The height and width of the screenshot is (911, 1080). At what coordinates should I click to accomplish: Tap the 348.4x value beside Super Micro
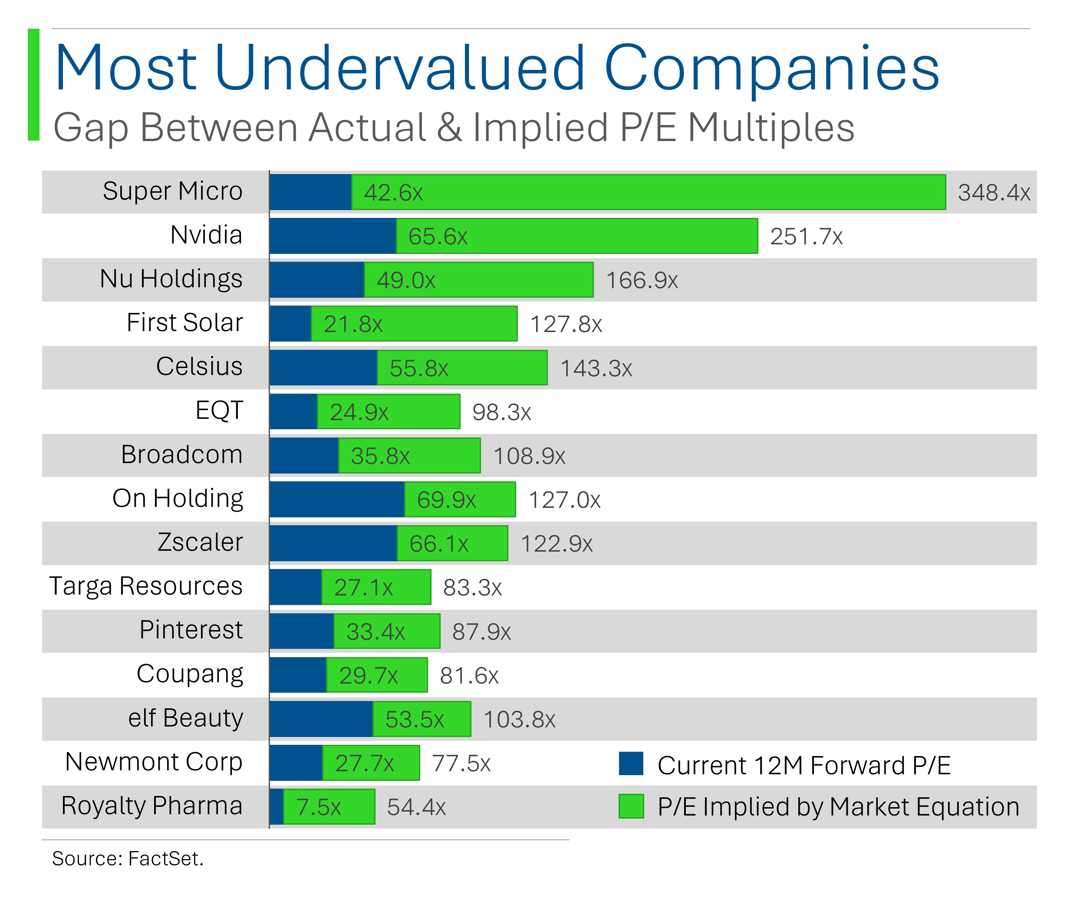pos(993,193)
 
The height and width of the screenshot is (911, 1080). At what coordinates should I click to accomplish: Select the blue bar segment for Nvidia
pos(333,236)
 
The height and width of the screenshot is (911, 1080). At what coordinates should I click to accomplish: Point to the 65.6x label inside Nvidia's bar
pos(438,237)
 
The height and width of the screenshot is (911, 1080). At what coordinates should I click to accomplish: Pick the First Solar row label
pos(184,323)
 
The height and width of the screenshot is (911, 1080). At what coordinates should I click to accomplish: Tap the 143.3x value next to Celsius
pos(596,368)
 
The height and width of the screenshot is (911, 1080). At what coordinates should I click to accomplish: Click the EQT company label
pos(219,411)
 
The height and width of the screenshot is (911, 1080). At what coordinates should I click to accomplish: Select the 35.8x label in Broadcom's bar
pos(380,456)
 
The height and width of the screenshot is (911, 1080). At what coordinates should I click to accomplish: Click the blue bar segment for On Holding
pos(337,500)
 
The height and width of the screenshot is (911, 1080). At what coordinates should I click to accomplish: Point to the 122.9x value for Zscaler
pos(556,544)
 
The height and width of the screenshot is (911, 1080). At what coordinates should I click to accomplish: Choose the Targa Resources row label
pos(146,586)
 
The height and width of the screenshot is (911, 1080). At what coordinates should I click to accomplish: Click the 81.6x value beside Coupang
pos(468,675)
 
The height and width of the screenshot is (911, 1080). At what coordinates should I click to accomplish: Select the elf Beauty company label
pos(185,718)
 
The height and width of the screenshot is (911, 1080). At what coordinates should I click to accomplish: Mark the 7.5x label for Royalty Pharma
pos(318,807)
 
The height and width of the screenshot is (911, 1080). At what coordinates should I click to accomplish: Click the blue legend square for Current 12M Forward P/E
pos(631,764)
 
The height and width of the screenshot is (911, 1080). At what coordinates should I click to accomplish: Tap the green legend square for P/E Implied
pos(631,806)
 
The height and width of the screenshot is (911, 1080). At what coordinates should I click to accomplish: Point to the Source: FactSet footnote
pos(128,859)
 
